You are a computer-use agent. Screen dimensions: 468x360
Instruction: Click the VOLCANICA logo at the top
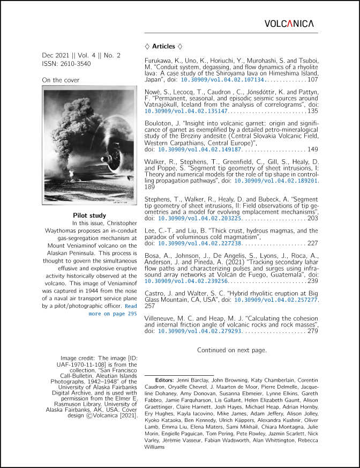pyautogui.click(x=289, y=24)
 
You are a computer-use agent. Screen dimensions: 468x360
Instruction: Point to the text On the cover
pyautogui.click(x=61, y=80)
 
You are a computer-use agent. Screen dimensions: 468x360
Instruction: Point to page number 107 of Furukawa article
pyautogui.click(x=312, y=79)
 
